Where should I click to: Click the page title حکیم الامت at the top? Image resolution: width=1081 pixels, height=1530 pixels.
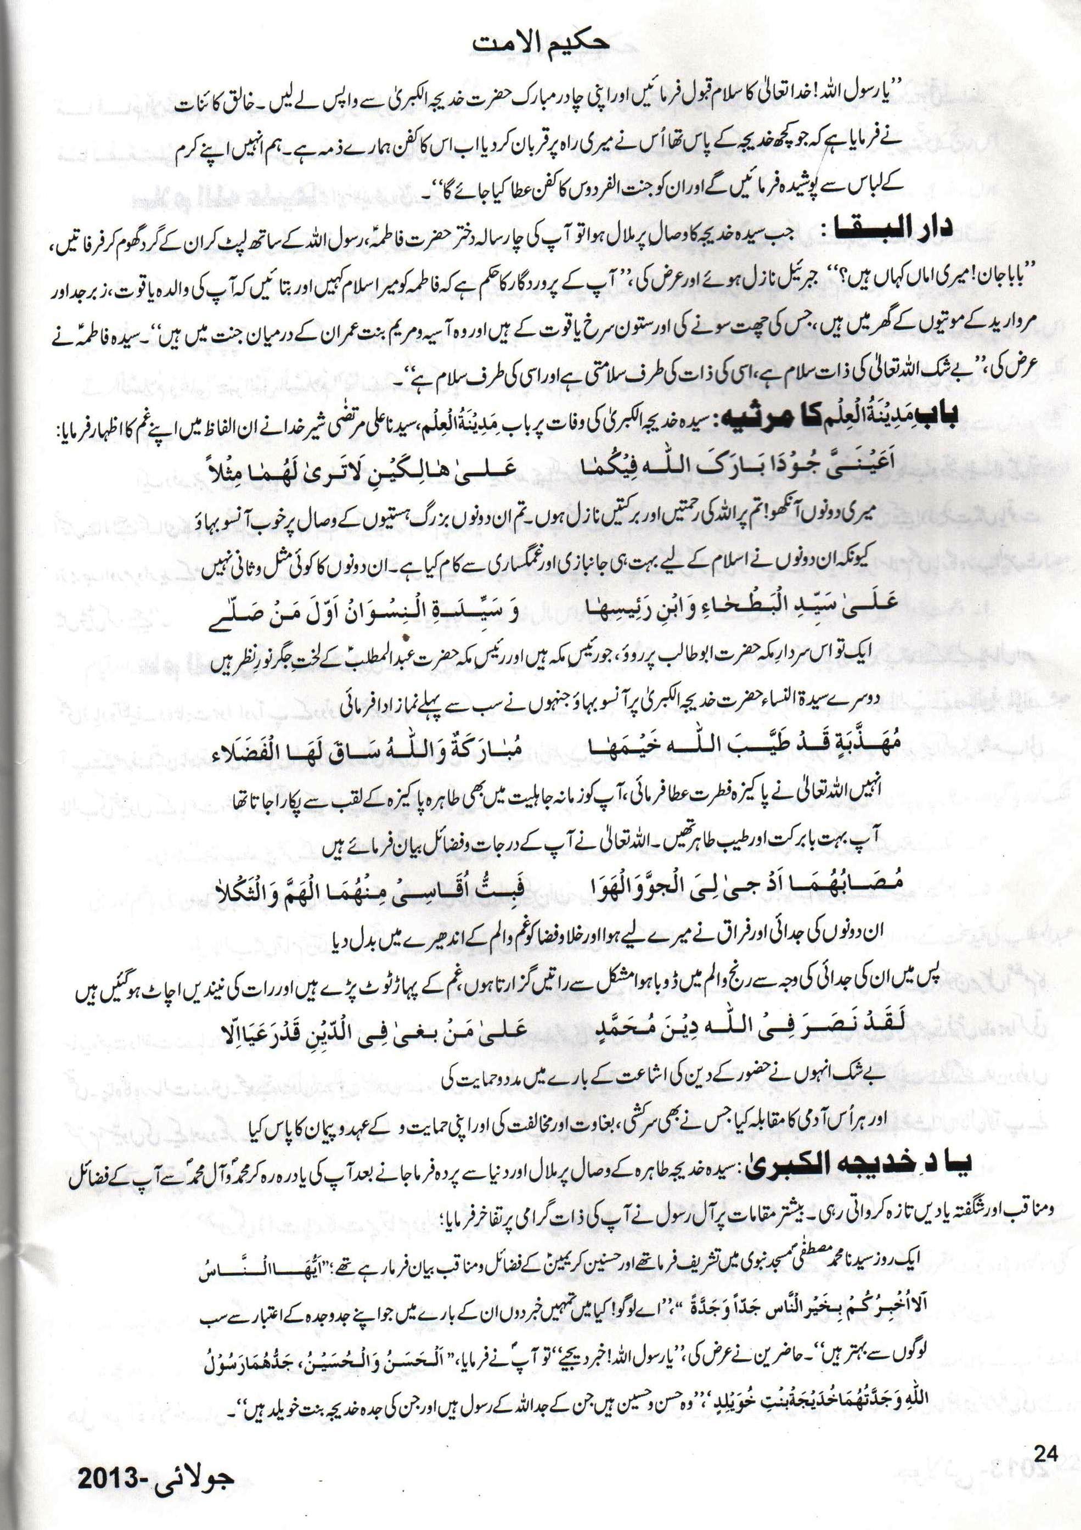(x=540, y=46)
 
